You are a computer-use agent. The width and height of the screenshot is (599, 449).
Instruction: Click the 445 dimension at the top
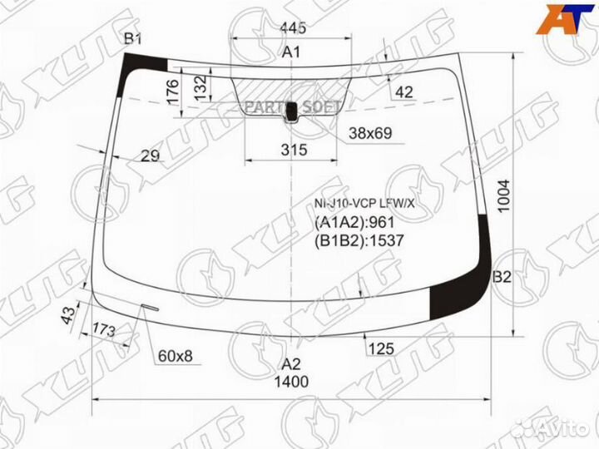click(x=293, y=27)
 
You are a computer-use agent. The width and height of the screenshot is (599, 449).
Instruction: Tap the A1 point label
click(x=291, y=52)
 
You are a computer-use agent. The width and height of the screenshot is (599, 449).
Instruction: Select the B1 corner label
click(x=133, y=38)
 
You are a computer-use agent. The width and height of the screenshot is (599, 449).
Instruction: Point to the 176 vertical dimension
click(x=173, y=91)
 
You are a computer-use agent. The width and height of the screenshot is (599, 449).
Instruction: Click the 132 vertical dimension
click(x=201, y=88)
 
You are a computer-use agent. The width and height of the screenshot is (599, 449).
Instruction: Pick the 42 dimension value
click(x=403, y=92)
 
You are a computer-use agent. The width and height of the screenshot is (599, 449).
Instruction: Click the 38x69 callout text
click(x=370, y=133)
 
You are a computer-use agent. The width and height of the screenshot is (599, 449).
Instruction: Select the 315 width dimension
click(x=294, y=150)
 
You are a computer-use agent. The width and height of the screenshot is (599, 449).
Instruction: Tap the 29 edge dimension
click(x=150, y=155)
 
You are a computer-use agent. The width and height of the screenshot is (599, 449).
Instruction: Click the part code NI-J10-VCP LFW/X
click(x=364, y=204)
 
